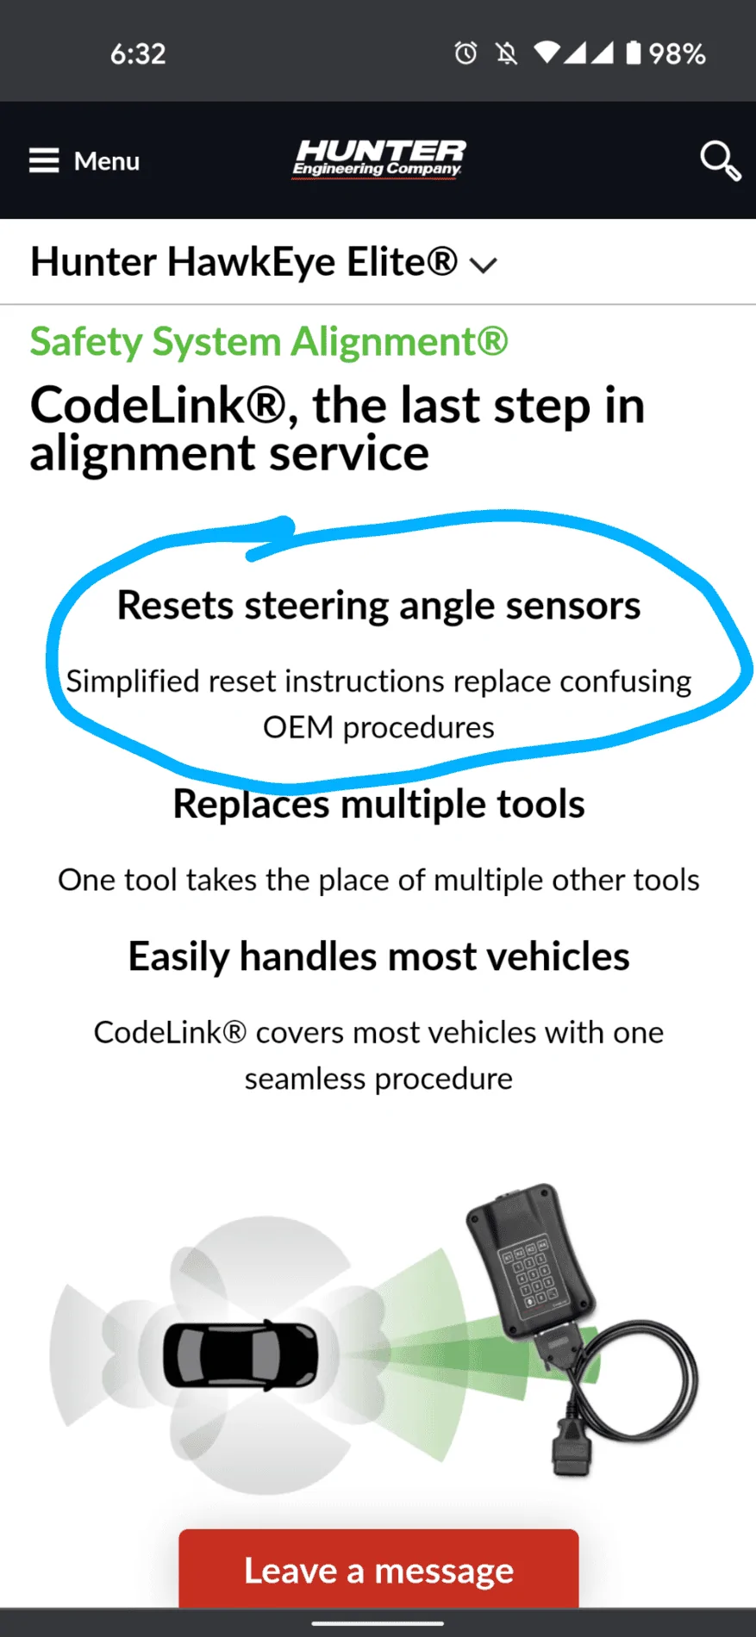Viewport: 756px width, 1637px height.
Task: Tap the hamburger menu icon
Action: coord(44,160)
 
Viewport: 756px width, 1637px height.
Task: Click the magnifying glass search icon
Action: coord(720,161)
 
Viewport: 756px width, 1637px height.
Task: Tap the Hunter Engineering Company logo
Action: coord(378,159)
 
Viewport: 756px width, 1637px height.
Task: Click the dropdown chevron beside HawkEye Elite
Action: coord(484,265)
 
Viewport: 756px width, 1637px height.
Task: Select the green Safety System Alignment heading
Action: coord(269,342)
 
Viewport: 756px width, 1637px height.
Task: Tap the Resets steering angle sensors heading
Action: coord(378,606)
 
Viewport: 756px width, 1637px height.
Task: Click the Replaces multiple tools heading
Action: coord(378,805)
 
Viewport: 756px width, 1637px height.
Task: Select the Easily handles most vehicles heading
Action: coord(378,957)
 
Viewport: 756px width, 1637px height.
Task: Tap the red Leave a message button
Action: coord(378,1569)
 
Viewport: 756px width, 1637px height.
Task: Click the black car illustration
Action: coord(241,1355)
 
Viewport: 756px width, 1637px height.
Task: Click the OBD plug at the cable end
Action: coord(570,1447)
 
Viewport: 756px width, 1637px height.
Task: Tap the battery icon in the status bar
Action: coord(634,53)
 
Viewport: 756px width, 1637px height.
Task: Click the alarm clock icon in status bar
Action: coord(465,53)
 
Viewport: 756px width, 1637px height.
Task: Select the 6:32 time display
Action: coord(138,53)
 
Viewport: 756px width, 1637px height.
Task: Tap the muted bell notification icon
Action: coord(507,54)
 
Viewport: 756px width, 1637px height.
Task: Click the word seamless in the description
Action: coord(305,1079)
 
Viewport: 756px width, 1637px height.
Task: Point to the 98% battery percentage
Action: coord(677,54)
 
